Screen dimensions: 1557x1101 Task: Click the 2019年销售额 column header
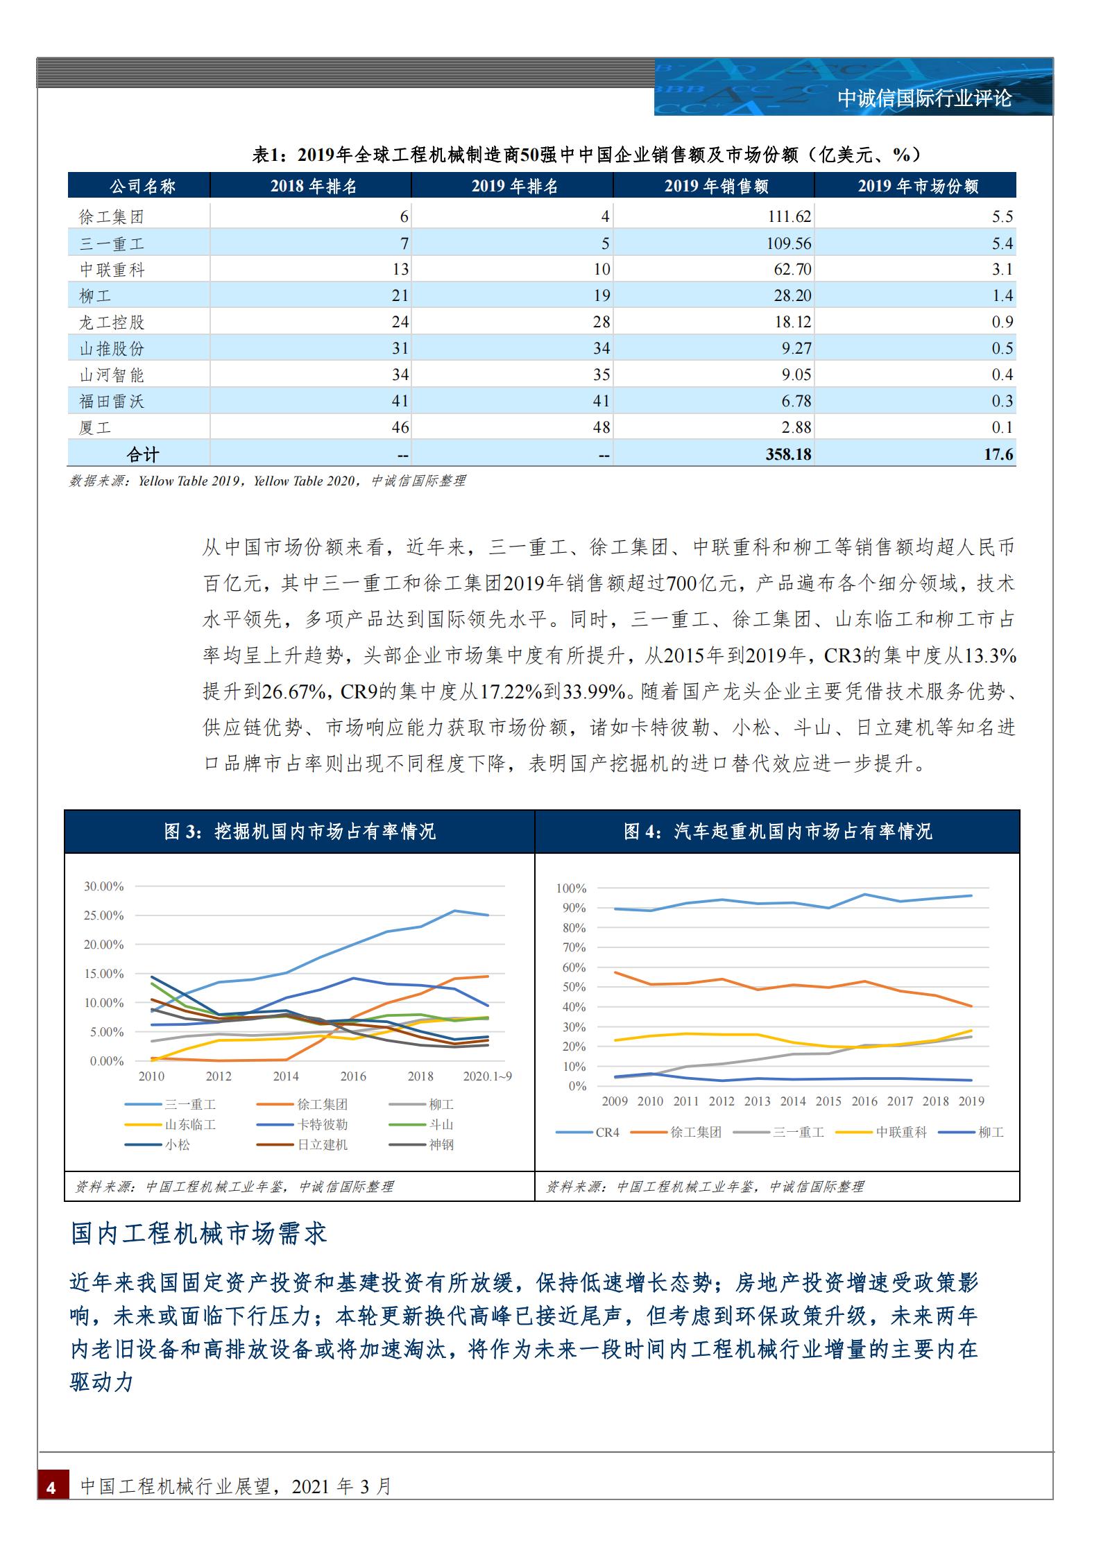(715, 186)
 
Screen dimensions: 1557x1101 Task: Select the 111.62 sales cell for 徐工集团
(789, 216)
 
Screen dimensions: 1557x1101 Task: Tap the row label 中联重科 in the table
(112, 269)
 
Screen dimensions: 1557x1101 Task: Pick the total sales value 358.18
(788, 454)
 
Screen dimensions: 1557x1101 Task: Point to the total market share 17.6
(998, 454)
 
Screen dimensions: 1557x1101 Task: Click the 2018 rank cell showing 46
(400, 427)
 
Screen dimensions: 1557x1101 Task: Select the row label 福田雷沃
(112, 401)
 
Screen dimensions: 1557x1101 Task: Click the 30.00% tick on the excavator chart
(103, 886)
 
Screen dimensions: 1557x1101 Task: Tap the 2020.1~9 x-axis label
(487, 1076)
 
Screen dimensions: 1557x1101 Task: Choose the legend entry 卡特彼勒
(322, 1124)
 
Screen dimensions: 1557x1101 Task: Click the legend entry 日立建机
(322, 1144)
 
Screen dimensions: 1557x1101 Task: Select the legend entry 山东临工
(190, 1124)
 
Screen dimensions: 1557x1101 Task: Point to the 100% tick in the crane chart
(571, 888)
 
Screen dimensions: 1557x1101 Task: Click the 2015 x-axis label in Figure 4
(828, 1101)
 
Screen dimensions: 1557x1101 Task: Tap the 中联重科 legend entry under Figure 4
(901, 1133)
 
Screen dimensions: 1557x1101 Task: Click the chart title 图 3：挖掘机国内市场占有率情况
(300, 832)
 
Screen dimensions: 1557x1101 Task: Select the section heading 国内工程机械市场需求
(199, 1233)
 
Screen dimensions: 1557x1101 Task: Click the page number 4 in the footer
(51, 1487)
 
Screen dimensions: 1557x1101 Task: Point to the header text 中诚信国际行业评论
(924, 98)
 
